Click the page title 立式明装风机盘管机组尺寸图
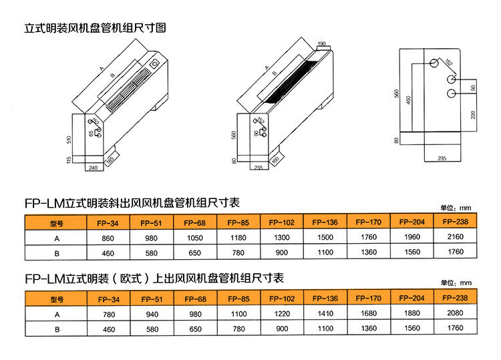(94, 29)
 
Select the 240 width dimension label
(93, 168)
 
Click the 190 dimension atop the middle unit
(321, 43)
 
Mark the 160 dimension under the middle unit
(275, 160)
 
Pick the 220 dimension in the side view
(473, 114)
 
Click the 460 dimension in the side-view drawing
(408, 104)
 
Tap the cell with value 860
(108, 238)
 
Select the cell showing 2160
(456, 238)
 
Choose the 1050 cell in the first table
(194, 238)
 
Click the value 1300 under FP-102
(281, 238)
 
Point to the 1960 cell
(412, 238)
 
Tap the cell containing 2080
(456, 314)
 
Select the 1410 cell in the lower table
(325, 314)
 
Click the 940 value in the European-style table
(151, 314)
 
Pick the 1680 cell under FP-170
(368, 314)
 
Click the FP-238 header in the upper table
(456, 222)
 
